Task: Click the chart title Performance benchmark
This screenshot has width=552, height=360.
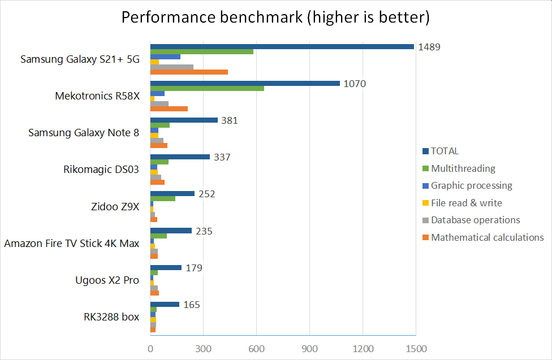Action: click(276, 18)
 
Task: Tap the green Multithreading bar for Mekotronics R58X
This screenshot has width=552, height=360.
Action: click(207, 88)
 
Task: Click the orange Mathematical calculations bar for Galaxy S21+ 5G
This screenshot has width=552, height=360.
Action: click(189, 72)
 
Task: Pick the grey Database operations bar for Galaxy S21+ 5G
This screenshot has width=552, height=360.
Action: click(172, 67)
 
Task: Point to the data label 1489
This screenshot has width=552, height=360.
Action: click(429, 47)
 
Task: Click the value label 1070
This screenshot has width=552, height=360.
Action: click(355, 84)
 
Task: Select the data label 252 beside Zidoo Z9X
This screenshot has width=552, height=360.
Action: click(206, 194)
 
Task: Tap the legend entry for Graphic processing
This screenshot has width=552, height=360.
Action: click(471, 185)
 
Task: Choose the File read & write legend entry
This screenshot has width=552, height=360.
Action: click(466, 203)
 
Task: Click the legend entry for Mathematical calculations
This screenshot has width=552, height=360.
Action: click(487, 237)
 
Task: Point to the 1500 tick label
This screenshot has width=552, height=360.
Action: click(416, 349)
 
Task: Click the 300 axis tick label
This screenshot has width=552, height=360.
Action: click(203, 349)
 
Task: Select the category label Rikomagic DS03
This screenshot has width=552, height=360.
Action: click(101, 170)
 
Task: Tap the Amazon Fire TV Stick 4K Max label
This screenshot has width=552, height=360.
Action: click(72, 243)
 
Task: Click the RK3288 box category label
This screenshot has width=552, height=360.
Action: click(111, 316)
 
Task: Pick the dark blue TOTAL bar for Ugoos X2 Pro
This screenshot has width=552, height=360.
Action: click(166, 267)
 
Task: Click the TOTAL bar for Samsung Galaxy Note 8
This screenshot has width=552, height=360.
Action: click(184, 120)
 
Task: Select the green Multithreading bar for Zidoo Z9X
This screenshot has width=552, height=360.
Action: click(162, 198)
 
